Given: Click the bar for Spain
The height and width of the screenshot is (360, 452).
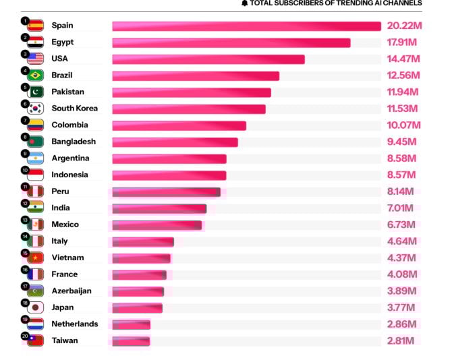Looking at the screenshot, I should (x=246, y=26).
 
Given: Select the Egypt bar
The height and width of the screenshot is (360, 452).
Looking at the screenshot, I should (x=231, y=42).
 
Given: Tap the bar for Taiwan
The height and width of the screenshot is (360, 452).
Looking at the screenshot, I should (x=131, y=341).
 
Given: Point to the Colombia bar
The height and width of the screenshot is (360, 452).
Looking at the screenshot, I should (x=179, y=125).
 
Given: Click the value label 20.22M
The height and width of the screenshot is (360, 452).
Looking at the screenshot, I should (x=404, y=26).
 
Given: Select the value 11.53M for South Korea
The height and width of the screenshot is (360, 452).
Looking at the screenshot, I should (x=403, y=109).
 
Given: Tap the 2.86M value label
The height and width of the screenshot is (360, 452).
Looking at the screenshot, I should (x=402, y=324).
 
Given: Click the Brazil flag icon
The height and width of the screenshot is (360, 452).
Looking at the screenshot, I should (x=36, y=76).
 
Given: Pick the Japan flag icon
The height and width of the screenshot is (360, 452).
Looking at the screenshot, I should (x=36, y=308).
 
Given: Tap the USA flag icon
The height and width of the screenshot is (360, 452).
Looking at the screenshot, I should (x=36, y=59).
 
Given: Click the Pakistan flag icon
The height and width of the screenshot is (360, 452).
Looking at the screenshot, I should (x=36, y=92).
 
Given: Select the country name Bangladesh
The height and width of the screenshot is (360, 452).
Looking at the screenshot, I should (x=74, y=142).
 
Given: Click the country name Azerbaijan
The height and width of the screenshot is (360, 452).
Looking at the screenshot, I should (x=72, y=291).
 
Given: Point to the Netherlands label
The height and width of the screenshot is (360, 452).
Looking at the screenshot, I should (x=74, y=324).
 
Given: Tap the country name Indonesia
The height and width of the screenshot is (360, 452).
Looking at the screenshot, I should (x=69, y=175).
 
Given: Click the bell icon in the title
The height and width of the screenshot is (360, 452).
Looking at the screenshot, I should (x=244, y=3).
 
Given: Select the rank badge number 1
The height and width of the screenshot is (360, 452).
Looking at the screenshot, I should (x=24, y=20).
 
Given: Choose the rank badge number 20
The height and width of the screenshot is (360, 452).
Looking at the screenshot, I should (x=24, y=336).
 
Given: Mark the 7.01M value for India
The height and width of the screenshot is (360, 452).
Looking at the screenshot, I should (x=402, y=208).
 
